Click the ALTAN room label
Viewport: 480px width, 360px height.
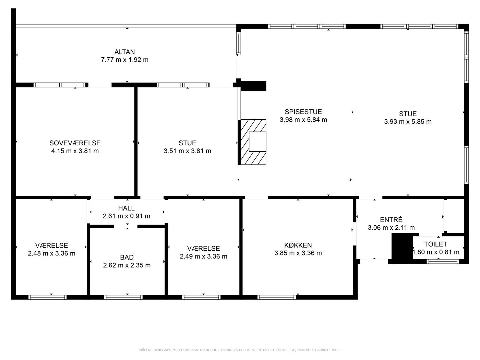[x=124, y=52]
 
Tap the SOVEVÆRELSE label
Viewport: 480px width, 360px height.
[x=75, y=143]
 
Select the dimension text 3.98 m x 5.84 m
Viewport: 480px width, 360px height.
[x=303, y=120]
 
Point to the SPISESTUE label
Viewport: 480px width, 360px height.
[x=303, y=112]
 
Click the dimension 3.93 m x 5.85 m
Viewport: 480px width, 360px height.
[x=408, y=121]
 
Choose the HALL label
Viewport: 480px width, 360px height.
[x=127, y=208]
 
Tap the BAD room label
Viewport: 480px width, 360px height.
[x=127, y=257]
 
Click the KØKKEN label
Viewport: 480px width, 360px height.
[x=298, y=245]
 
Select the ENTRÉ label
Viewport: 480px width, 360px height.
[x=391, y=219]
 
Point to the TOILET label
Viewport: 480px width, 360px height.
[x=436, y=244]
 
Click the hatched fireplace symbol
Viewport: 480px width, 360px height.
[x=253, y=142]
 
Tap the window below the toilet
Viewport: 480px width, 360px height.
[x=443, y=261]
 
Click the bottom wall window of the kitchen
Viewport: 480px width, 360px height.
[x=277, y=297]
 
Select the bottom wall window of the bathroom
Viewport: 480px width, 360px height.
[x=123, y=297]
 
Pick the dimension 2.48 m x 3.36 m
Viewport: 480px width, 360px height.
[x=52, y=254]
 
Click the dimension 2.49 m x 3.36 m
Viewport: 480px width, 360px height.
[x=203, y=256]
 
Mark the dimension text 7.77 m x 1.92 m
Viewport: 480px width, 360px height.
[x=125, y=60]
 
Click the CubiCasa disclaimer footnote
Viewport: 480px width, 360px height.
[x=240, y=350]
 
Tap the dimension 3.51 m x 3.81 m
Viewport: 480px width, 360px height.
[x=188, y=151]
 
